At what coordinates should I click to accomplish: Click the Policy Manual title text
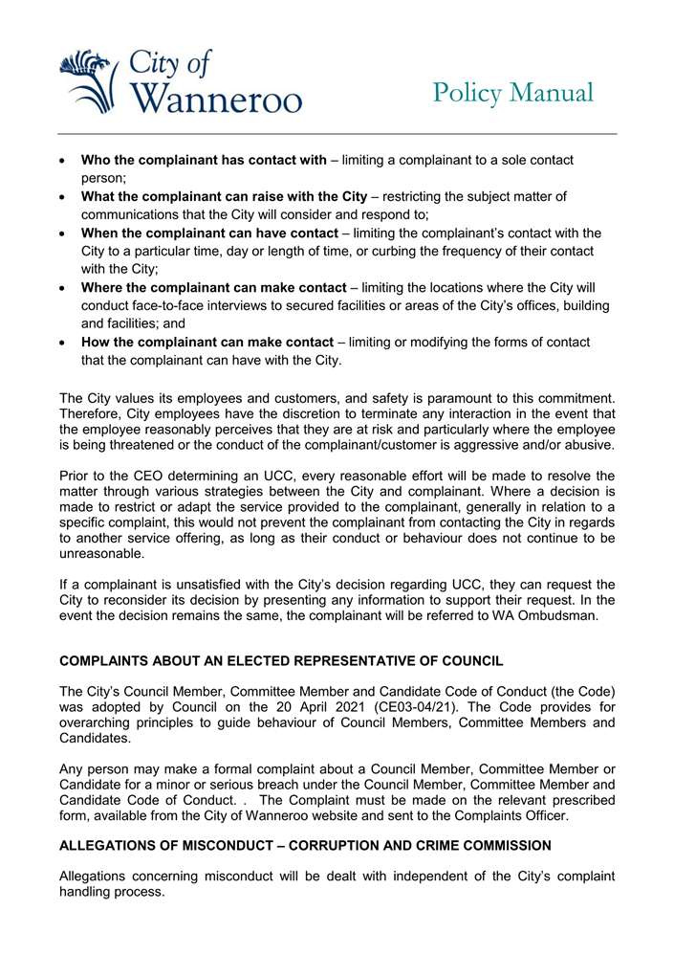[512, 93]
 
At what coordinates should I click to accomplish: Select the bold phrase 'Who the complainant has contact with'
[204, 160]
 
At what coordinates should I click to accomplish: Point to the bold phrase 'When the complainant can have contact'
[209, 233]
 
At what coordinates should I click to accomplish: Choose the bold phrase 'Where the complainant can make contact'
[213, 287]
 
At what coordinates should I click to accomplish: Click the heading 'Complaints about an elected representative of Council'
[281, 661]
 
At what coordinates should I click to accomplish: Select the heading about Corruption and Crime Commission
[305, 845]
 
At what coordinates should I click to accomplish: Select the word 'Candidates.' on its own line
[98, 742]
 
